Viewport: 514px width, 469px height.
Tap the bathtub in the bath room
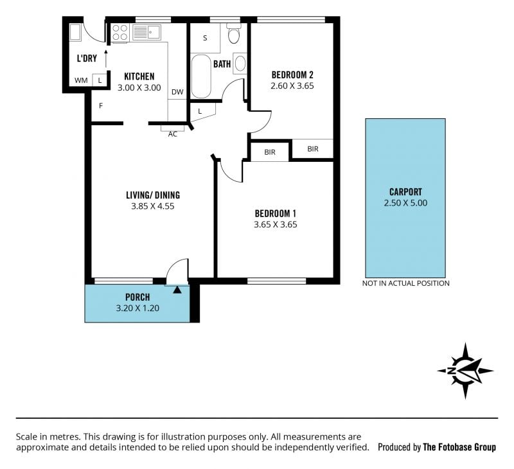(x=200, y=76)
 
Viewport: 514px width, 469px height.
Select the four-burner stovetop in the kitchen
(x=120, y=33)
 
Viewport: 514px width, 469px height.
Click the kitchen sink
(x=146, y=32)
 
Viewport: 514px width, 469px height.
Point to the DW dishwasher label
(x=177, y=92)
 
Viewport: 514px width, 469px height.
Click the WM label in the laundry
(x=81, y=80)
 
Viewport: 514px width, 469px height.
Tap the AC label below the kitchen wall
(x=173, y=134)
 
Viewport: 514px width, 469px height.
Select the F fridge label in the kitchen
(x=101, y=106)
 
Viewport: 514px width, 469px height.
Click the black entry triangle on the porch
(x=177, y=290)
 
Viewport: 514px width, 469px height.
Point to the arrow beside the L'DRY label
(x=105, y=59)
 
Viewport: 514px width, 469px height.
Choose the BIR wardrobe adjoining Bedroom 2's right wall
(x=313, y=149)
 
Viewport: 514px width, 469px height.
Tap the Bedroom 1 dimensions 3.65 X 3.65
(x=276, y=224)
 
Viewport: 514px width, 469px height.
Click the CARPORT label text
(x=405, y=192)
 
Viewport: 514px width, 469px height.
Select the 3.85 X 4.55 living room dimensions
(x=153, y=206)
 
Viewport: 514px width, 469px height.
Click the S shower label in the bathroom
(x=205, y=38)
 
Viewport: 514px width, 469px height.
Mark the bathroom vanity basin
(x=240, y=63)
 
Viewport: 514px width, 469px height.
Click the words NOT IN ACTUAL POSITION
(x=406, y=283)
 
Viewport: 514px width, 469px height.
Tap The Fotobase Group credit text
(x=459, y=447)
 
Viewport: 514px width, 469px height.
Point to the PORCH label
(x=137, y=297)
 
